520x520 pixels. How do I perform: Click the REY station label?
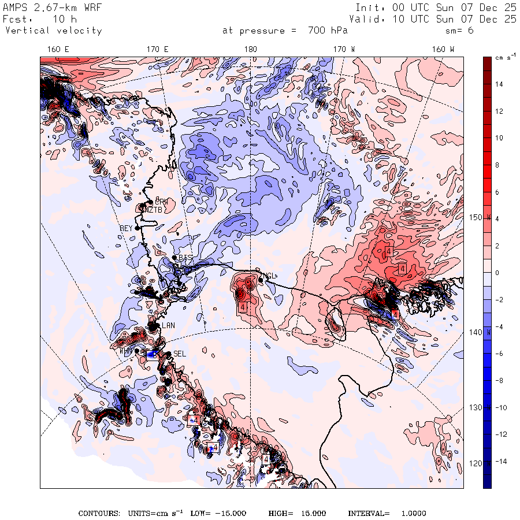(126, 229)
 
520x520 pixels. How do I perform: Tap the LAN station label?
(168, 326)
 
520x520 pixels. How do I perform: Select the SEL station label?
(180, 354)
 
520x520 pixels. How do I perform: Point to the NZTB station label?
(152, 210)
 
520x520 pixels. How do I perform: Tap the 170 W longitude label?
(344, 50)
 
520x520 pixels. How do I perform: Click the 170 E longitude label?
(158, 50)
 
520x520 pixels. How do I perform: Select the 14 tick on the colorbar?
(499, 84)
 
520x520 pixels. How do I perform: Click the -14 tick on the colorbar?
(498, 462)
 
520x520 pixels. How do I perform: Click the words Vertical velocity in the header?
(54, 31)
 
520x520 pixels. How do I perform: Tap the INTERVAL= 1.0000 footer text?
(387, 513)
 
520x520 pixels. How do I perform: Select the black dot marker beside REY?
(138, 228)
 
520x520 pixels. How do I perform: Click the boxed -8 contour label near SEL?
(151, 355)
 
